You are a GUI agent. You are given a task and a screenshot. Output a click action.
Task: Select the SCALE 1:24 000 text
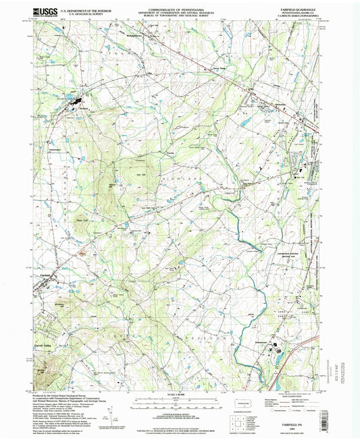pos(180,393)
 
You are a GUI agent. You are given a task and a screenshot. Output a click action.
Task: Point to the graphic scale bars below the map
pos(180,402)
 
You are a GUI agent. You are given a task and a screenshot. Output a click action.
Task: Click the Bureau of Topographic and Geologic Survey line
pos(180,18)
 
